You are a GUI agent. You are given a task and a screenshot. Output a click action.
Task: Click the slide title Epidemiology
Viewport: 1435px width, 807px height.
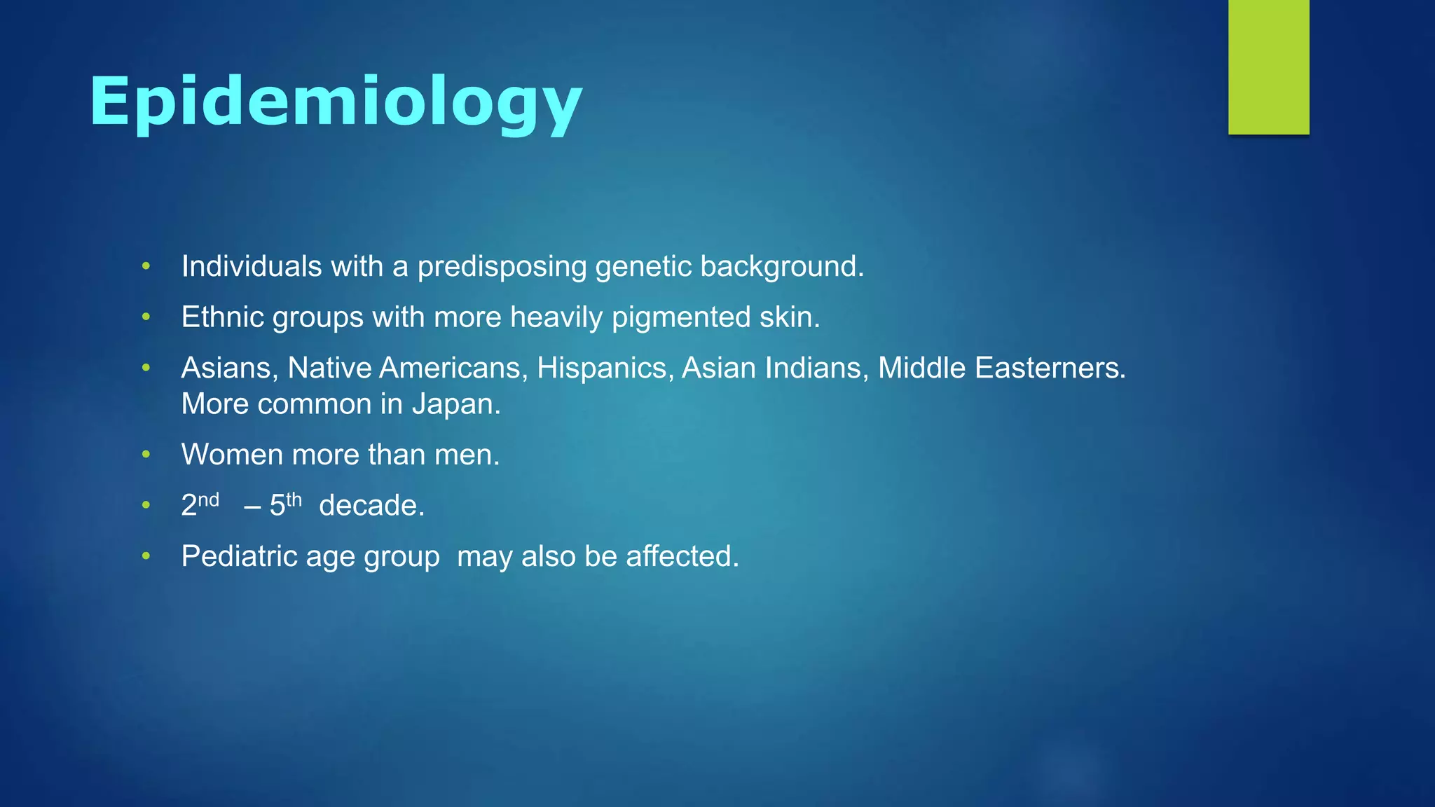coord(336,102)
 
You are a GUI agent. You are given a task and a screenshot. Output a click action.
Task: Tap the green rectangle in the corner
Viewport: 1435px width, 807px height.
coord(1268,67)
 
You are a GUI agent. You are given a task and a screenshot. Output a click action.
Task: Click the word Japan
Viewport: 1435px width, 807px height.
coord(455,404)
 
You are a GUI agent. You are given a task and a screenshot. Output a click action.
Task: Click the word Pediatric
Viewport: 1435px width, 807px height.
coord(239,556)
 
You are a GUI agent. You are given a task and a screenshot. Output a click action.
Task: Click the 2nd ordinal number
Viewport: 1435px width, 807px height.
coord(200,505)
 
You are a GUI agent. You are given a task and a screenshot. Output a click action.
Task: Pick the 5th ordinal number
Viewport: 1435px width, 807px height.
coord(285,504)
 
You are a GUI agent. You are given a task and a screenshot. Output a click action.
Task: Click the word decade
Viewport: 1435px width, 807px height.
coord(371,505)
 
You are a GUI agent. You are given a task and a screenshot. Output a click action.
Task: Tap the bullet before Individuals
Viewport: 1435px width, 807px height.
coord(146,266)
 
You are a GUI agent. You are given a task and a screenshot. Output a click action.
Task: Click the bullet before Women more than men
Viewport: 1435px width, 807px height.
coord(146,455)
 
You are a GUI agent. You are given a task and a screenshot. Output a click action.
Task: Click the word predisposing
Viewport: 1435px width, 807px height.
coord(502,267)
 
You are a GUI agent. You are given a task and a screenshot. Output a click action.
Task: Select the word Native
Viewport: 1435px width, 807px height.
coord(329,368)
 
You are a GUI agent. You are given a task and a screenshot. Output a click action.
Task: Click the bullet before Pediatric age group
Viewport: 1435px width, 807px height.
coord(146,556)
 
